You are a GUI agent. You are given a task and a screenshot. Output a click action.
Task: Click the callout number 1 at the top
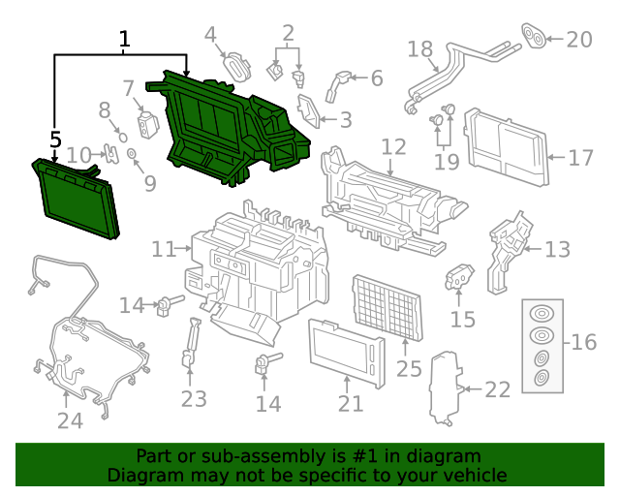(124, 40)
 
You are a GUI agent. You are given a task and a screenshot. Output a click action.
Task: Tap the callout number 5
(55, 139)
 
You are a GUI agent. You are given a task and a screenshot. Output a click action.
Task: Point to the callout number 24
(70, 419)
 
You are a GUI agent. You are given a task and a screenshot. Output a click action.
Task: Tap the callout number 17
(580, 157)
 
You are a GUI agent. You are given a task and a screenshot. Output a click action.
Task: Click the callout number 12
(393, 147)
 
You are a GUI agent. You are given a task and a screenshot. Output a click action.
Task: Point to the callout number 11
(164, 250)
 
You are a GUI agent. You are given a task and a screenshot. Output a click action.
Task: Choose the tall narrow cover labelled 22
(445, 387)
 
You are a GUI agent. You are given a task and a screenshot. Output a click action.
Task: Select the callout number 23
(194, 397)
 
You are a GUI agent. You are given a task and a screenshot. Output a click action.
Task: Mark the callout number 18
(419, 48)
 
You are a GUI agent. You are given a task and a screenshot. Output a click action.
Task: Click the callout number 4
(210, 36)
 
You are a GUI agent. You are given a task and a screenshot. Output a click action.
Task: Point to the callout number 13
(557, 250)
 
